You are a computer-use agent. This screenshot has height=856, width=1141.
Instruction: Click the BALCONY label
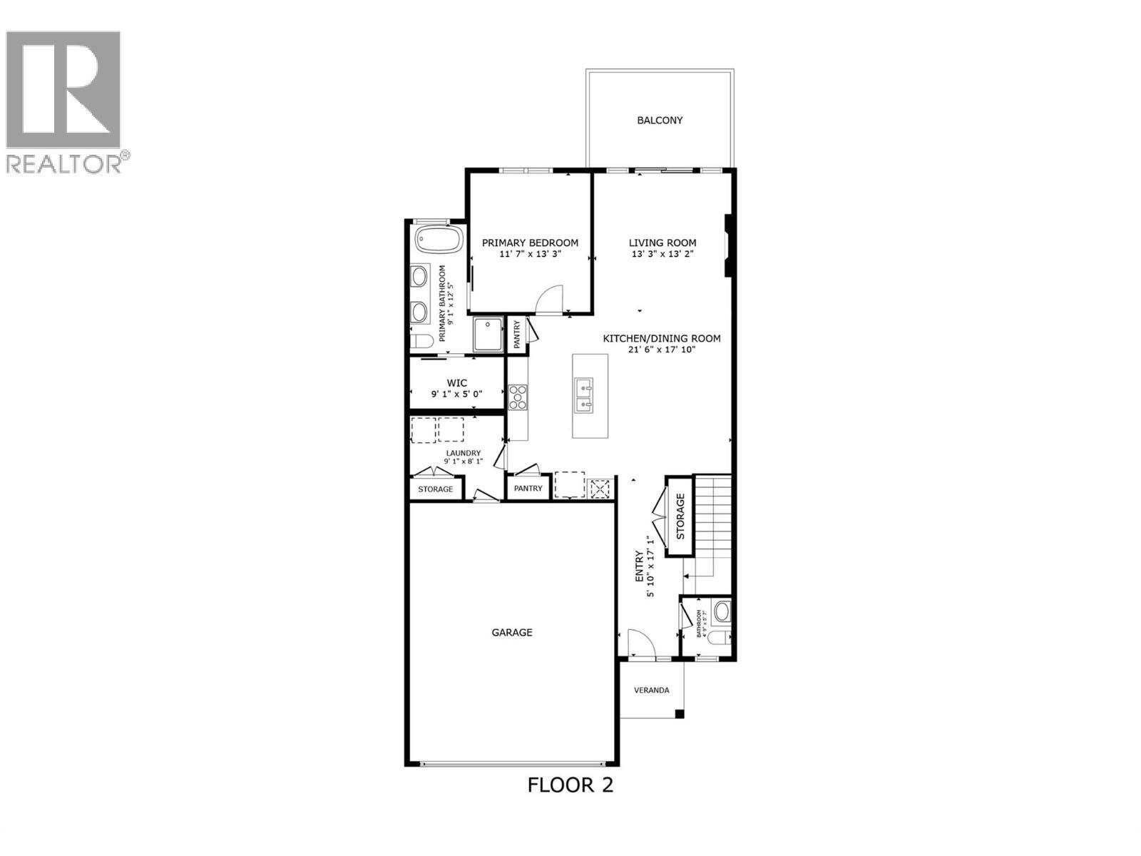(x=660, y=121)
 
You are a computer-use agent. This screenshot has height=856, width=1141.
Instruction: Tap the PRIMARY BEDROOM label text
(x=530, y=243)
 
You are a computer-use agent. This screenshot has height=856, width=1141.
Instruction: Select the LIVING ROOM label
(x=662, y=243)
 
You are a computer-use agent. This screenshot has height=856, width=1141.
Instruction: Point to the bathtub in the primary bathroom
(x=438, y=239)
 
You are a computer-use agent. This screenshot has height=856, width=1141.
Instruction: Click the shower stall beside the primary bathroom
(x=488, y=334)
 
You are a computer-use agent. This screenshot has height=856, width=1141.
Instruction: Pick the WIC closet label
(x=457, y=383)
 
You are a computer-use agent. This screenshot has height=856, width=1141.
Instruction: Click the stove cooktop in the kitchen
(x=518, y=397)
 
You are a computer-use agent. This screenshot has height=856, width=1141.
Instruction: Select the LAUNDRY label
(x=464, y=453)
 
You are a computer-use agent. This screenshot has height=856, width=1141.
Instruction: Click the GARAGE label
(x=512, y=632)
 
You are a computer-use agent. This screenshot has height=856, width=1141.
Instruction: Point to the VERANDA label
(x=652, y=690)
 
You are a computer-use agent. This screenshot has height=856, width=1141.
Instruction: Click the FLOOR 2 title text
(x=570, y=785)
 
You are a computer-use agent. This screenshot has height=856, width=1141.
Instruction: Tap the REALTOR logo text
(x=64, y=163)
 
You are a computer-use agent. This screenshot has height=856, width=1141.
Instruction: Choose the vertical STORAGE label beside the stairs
(x=680, y=516)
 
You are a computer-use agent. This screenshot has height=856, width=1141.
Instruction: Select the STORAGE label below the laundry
(x=435, y=489)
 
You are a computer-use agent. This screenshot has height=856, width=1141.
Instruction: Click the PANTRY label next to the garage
(x=528, y=489)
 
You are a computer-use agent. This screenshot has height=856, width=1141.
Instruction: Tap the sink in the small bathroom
(x=722, y=611)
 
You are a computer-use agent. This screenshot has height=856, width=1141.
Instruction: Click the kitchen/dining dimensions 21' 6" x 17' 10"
(x=661, y=350)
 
